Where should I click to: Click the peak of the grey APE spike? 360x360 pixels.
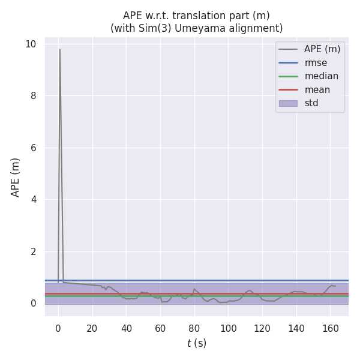(59, 50)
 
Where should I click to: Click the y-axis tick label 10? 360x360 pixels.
(31, 44)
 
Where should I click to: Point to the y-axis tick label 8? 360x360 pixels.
(33, 96)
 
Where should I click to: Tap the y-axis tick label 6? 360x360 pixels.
(33, 148)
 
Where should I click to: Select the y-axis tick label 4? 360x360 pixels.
(33, 199)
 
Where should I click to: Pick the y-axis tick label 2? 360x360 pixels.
(33, 251)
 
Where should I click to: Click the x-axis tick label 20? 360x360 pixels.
(92, 328)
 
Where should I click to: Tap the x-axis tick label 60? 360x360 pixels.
(160, 328)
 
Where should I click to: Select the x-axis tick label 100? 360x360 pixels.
(228, 328)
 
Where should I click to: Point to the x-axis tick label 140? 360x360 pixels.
(296, 328)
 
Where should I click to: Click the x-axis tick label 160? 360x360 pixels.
(330, 328)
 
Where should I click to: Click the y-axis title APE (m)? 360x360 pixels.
(16, 177)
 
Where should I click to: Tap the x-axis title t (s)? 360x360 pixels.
(196, 344)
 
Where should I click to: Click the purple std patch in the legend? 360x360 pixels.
(288, 103)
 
